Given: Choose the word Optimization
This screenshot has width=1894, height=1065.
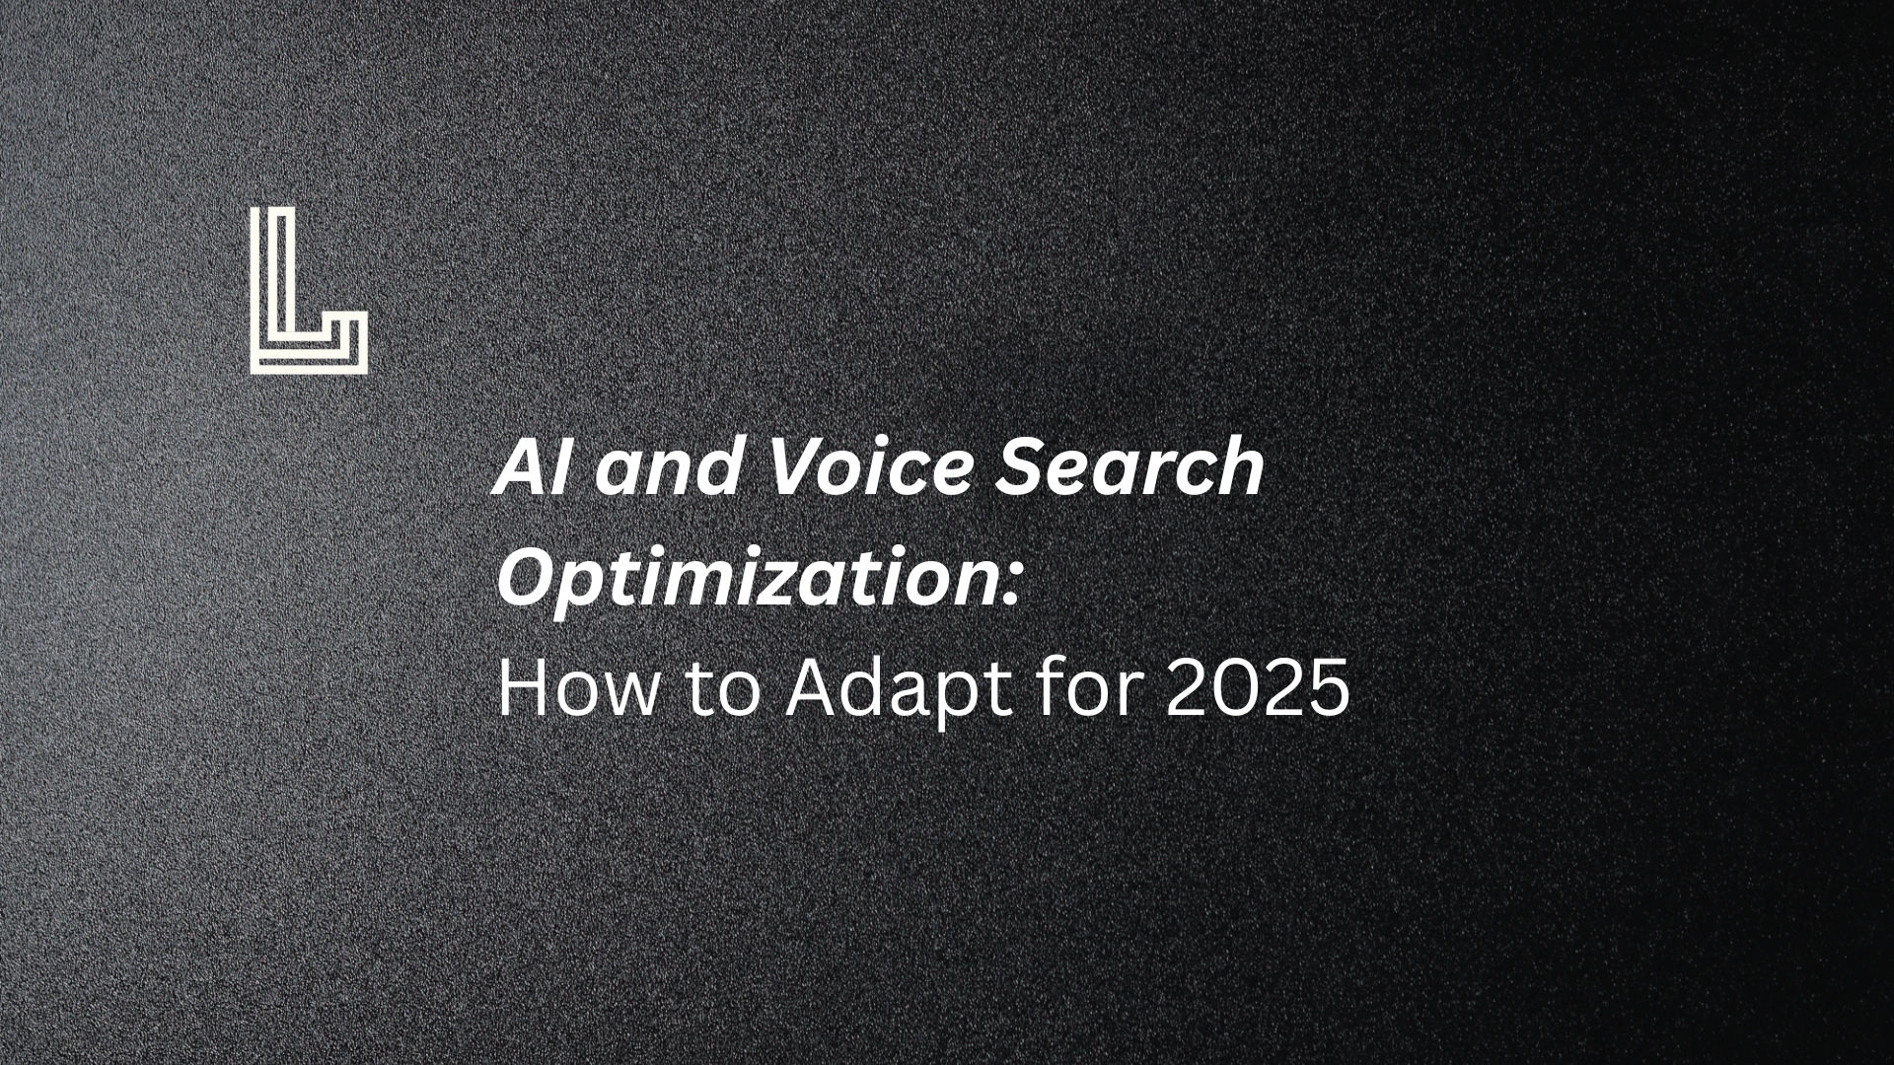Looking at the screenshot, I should (x=747, y=580).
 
